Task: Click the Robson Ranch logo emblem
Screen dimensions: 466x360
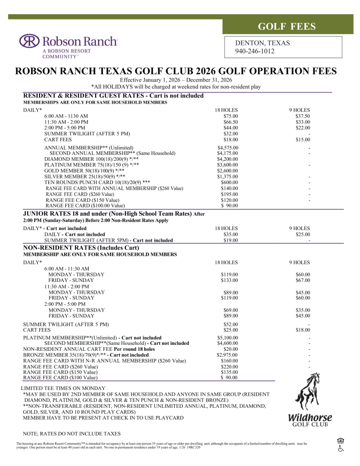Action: click(29, 41)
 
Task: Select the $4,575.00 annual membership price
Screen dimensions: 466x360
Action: click(228, 148)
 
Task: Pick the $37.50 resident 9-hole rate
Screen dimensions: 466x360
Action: click(302, 116)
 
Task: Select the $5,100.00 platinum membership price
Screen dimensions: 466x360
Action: click(228, 338)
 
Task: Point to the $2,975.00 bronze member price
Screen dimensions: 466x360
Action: click(228, 355)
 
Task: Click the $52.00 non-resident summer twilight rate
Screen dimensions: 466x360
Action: click(231, 324)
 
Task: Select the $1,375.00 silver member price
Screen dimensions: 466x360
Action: click(228, 176)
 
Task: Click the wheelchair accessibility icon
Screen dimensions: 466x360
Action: click(340, 449)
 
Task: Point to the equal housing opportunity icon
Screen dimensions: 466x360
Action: click(340, 440)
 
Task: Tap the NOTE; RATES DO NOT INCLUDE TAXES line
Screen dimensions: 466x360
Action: click(71, 433)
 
